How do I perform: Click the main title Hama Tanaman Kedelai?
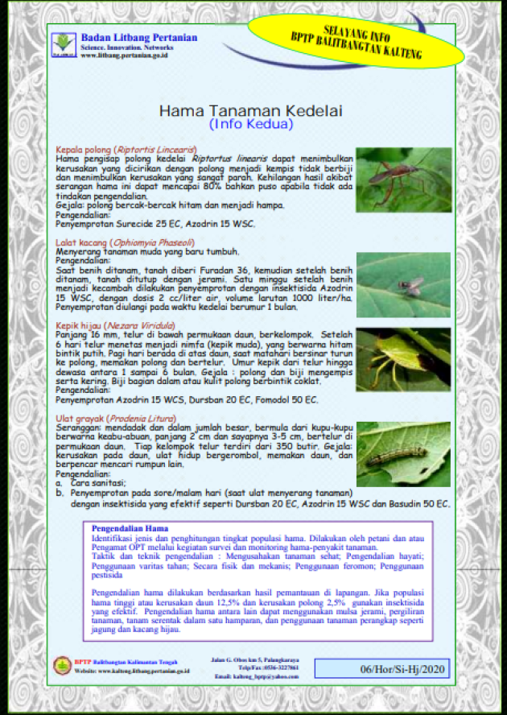coord(250,110)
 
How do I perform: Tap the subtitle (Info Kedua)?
coord(250,125)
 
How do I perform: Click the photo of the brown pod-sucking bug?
coord(403,180)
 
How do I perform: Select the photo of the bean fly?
coord(403,284)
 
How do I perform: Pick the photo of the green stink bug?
coord(403,360)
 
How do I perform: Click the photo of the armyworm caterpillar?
coord(403,454)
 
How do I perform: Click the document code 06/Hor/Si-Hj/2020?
coord(381,668)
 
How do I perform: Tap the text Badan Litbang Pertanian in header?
coord(139,37)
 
